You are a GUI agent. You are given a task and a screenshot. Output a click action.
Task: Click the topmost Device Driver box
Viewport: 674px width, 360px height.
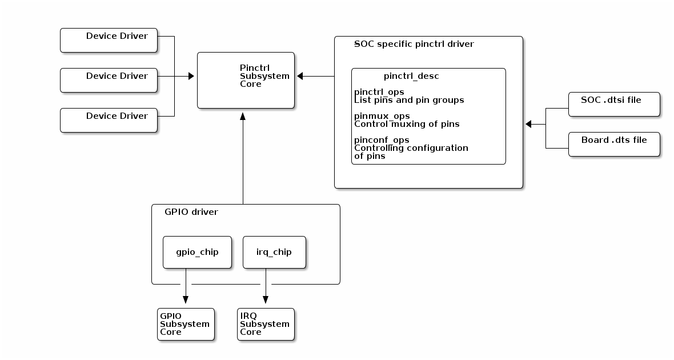pyautogui.click(x=109, y=40)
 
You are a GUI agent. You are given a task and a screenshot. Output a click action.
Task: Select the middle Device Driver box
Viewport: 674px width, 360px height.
pyautogui.click(x=109, y=80)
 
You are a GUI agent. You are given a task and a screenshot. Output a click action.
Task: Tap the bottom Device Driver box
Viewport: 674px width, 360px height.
pyautogui.click(x=109, y=120)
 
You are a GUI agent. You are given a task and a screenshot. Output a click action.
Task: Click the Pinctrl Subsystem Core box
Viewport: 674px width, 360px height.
pyautogui.click(x=246, y=80)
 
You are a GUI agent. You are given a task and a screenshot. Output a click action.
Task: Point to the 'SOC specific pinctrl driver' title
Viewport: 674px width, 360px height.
pyautogui.click(x=414, y=44)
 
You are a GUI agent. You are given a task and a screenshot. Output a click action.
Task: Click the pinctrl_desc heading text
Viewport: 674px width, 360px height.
pyautogui.click(x=411, y=76)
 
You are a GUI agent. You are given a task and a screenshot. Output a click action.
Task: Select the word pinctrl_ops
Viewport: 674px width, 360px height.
pyautogui.click(x=379, y=92)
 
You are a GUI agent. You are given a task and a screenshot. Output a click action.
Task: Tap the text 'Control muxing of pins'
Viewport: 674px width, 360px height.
pyautogui.click(x=407, y=124)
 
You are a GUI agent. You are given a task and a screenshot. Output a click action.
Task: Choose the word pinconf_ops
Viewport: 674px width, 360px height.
pyautogui.click(x=382, y=140)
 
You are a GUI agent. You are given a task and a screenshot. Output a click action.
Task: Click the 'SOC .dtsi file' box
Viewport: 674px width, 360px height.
pyautogui.click(x=614, y=104)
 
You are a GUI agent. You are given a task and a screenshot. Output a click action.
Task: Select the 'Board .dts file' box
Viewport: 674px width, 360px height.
pyautogui.click(x=614, y=144)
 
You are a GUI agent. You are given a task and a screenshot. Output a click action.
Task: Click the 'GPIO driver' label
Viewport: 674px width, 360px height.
pyautogui.click(x=191, y=212)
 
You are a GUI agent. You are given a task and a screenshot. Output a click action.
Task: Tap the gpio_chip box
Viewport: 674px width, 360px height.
pyautogui.click(x=197, y=252)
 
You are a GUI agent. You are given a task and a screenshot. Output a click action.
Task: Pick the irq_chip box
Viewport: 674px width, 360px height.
pyautogui.click(x=274, y=252)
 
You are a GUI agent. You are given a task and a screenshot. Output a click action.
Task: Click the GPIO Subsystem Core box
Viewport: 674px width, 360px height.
pyautogui.click(x=186, y=324)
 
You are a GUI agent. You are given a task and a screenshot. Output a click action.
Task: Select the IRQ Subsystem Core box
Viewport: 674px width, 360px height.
pyautogui.click(x=266, y=324)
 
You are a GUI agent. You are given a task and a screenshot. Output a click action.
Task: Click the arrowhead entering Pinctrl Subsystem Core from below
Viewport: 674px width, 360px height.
pyautogui.click(x=243, y=116)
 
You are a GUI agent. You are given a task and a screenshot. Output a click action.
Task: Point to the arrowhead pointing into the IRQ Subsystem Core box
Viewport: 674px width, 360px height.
pyautogui.click(x=266, y=300)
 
